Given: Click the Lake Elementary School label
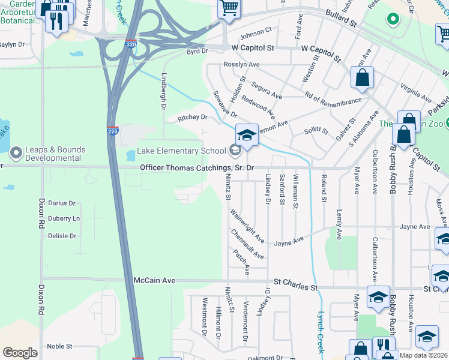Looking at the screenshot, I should (x=182, y=151).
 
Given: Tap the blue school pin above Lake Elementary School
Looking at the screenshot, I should (x=247, y=135).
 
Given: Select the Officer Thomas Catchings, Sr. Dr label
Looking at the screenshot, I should (x=197, y=168).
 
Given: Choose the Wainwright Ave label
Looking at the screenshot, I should (x=247, y=226).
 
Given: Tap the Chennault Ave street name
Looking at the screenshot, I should (x=247, y=244).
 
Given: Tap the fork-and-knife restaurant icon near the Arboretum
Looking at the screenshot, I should (x=57, y=22).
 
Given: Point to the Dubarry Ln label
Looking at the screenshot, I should (x=64, y=218).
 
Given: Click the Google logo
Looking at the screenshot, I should (x=20, y=352).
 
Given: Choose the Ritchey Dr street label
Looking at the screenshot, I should (x=192, y=118).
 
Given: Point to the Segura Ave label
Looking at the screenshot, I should (x=267, y=91).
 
